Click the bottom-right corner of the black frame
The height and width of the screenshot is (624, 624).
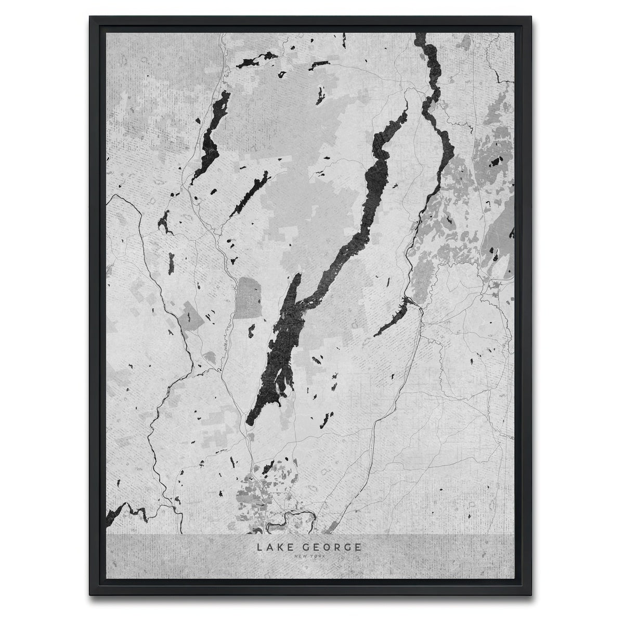pos(534,605)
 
